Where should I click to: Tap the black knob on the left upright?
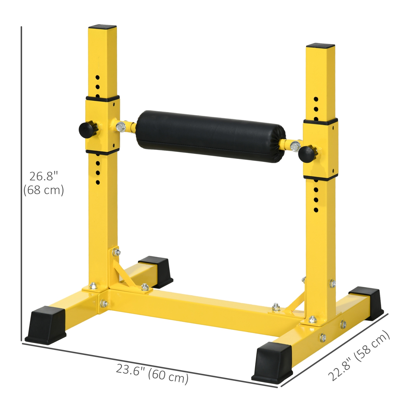[86, 130]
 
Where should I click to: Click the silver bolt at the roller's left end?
[121, 127]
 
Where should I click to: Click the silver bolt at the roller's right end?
[294, 146]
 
